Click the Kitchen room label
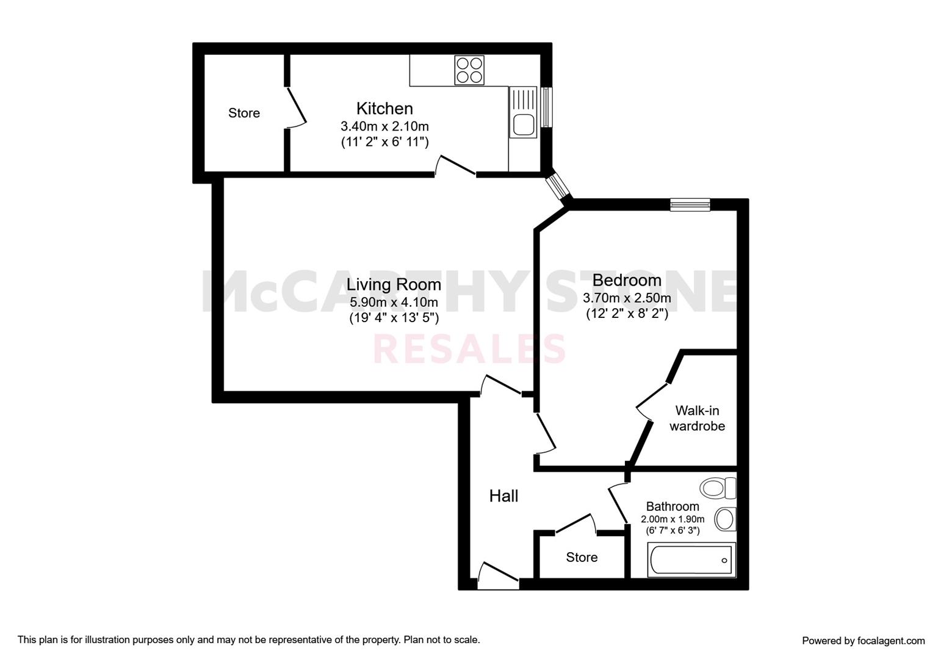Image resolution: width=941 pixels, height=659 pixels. [x=384, y=109]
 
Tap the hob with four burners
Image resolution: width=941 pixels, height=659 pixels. [x=469, y=70]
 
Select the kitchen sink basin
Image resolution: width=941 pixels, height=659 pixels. [x=522, y=124]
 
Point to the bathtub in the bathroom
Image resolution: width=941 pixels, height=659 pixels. [x=691, y=560]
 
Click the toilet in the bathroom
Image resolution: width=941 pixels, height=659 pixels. [x=718, y=488]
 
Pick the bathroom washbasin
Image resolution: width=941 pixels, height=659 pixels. [x=725, y=519]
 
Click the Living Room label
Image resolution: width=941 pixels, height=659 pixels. [x=394, y=285]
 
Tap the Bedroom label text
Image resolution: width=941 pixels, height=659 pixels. [x=627, y=280]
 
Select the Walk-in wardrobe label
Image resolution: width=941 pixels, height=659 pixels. [x=698, y=418]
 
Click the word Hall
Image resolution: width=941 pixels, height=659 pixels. [x=503, y=496]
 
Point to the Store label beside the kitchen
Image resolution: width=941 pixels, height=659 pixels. [x=244, y=113]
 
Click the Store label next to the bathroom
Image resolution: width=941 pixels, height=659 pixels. [x=582, y=557]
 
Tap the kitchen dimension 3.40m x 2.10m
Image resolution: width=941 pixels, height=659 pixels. [x=384, y=126]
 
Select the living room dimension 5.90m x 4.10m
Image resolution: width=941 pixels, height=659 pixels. [x=394, y=302]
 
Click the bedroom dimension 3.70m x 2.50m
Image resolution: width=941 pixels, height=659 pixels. [x=627, y=298]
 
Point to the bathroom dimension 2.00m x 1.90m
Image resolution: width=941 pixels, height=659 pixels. [x=672, y=519]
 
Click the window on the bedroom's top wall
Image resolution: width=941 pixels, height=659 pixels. [x=690, y=205]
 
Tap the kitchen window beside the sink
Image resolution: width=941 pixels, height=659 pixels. [x=546, y=107]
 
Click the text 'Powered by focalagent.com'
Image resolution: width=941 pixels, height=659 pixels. [x=863, y=641]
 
